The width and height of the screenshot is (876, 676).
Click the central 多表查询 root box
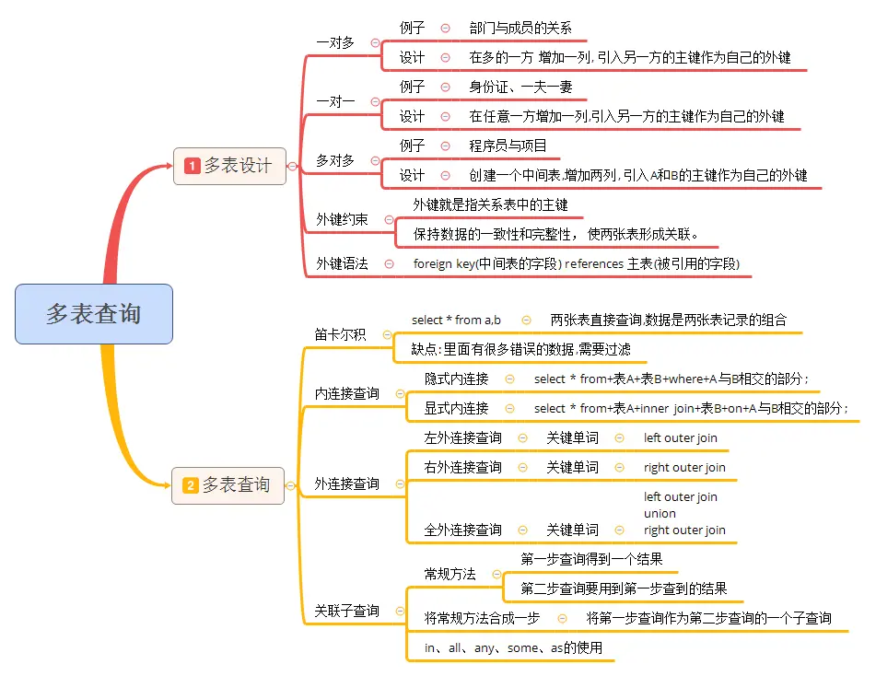click(x=94, y=313)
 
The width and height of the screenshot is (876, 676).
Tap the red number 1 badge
click(x=193, y=166)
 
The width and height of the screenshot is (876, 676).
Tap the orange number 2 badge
click(x=191, y=484)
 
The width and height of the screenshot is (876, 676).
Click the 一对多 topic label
click(x=335, y=42)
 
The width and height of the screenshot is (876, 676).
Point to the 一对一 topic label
click(x=335, y=101)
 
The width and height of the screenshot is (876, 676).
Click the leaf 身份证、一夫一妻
click(x=520, y=87)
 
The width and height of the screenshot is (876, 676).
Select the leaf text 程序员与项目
click(x=508, y=146)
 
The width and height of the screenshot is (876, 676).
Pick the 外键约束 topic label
click(x=342, y=219)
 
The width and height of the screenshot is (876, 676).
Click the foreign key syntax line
click(x=576, y=263)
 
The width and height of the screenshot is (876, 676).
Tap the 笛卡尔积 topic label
click(x=340, y=334)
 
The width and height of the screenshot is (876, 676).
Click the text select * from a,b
click(x=456, y=320)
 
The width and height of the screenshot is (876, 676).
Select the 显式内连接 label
click(x=456, y=408)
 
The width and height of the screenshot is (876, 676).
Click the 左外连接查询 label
click(x=462, y=437)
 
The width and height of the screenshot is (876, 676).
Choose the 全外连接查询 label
click(x=462, y=530)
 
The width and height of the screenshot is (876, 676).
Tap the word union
click(x=660, y=513)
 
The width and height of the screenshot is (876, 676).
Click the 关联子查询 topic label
click(x=346, y=610)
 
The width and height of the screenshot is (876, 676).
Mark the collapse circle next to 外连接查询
click(x=399, y=484)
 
